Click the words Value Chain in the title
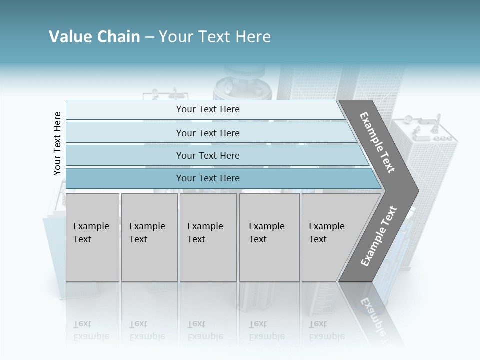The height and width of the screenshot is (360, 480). point(94,37)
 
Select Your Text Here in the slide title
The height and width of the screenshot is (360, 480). point(215,37)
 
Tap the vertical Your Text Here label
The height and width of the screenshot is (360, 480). point(57,144)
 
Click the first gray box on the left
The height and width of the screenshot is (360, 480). point(92,237)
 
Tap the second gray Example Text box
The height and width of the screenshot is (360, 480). point(149,237)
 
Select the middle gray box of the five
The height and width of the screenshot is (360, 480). point(208,237)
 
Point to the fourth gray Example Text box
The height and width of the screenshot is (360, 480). point(269,237)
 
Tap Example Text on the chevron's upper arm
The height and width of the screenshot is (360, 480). point(377,142)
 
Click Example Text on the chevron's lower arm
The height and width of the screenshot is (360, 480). point(378,236)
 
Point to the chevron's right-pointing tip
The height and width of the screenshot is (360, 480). point(416,190)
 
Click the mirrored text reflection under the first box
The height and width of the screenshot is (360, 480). point(91,330)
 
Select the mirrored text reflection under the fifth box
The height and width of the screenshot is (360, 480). point(327,330)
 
